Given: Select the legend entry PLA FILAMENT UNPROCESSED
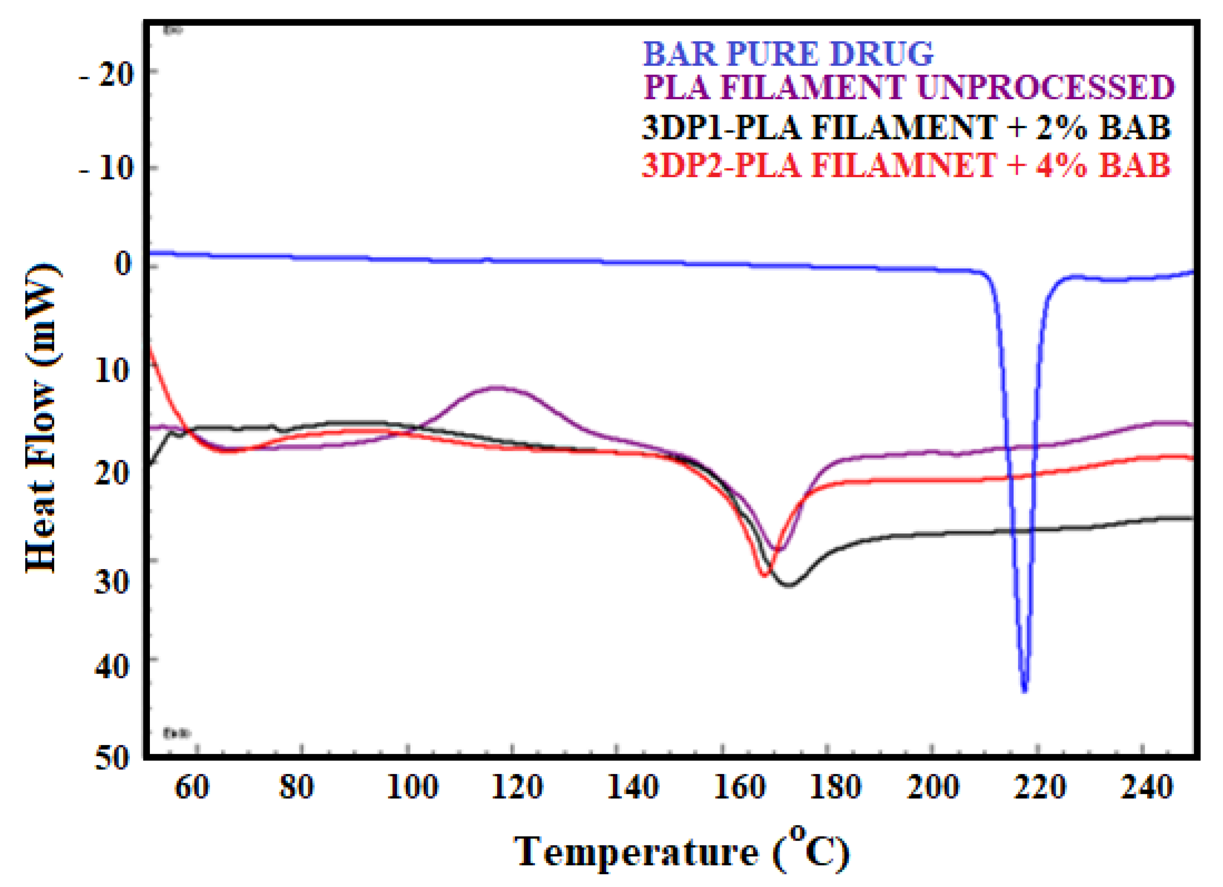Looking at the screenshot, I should (909, 87).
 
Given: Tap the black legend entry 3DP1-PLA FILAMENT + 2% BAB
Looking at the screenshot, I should (906, 127).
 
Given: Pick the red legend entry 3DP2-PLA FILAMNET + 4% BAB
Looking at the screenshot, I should (906, 165).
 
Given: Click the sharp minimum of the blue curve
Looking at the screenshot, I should (1025, 691).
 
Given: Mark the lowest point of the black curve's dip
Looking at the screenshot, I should (789, 585).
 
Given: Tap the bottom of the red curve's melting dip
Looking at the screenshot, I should (765, 575).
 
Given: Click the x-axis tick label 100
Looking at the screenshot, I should (413, 787).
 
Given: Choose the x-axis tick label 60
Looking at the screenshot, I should (192, 787).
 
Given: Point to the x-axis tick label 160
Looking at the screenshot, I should (739, 787).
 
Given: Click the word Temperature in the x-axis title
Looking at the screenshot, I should (635, 851).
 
